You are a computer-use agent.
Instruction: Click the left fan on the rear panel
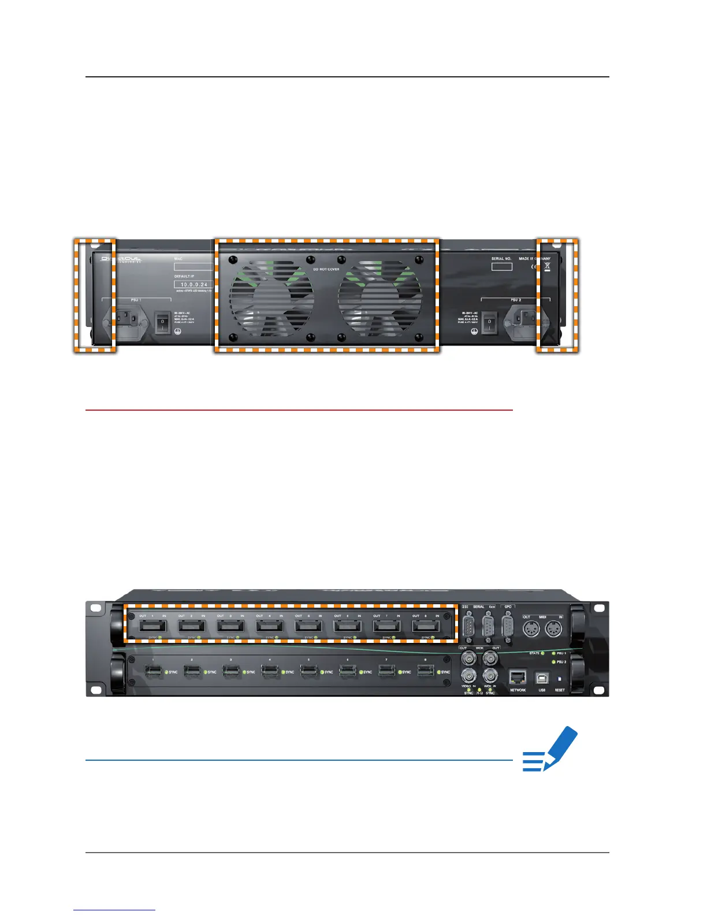click(x=271, y=298)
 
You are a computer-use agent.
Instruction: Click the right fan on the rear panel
click(x=380, y=298)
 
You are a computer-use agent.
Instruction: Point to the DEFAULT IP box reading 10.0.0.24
click(x=194, y=285)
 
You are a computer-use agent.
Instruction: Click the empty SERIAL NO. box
click(x=501, y=266)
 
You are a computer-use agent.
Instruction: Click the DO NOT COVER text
click(x=326, y=269)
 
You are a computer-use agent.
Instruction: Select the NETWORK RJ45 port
click(x=518, y=678)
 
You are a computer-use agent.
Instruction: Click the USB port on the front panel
click(x=542, y=678)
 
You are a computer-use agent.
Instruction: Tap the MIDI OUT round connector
click(x=531, y=628)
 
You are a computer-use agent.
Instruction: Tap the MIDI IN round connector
click(x=553, y=628)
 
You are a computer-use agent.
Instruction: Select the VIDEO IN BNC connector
click(x=468, y=675)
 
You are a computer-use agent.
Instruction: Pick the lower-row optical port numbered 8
click(x=426, y=671)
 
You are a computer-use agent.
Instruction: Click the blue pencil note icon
click(x=550, y=749)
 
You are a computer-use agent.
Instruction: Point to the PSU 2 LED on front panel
click(x=553, y=662)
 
